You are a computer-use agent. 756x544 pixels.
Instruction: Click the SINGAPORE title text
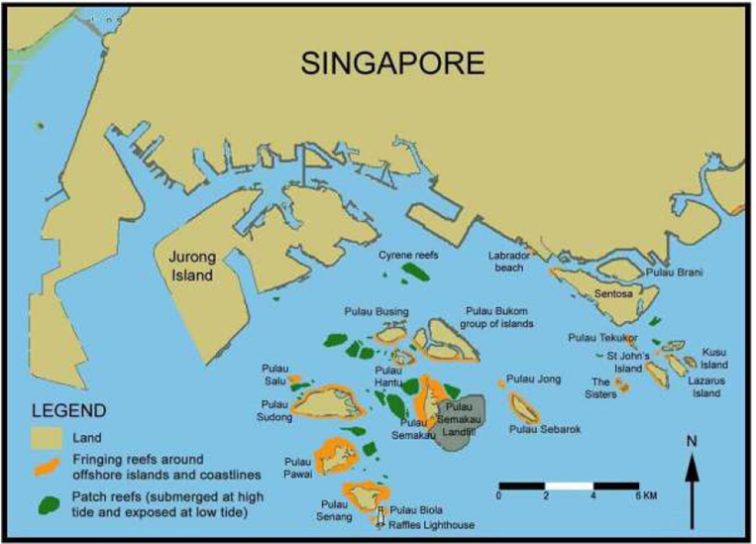pyautogui.click(x=394, y=64)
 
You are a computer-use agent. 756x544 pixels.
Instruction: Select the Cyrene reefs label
pyautogui.click(x=408, y=255)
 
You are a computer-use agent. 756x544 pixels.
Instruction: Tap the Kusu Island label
pyautogui.click(x=714, y=358)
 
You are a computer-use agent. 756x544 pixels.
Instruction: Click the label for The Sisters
pyautogui.click(x=604, y=386)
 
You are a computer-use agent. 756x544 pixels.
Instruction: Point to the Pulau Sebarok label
pyautogui.click(x=545, y=429)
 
